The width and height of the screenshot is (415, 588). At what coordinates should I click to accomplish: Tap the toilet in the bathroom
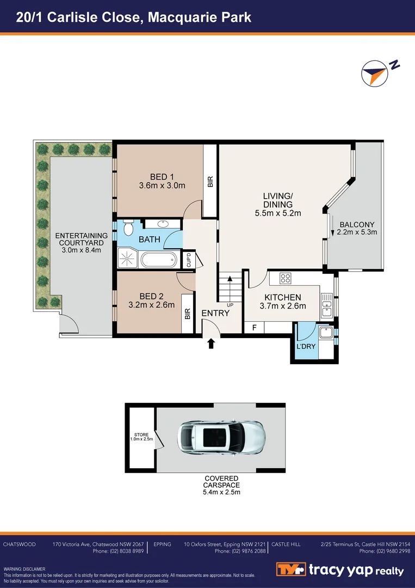pos(128,228)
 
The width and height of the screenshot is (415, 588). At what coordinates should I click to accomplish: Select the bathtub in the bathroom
pos(159,260)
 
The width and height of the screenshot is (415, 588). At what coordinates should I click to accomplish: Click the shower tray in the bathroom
pos(128,258)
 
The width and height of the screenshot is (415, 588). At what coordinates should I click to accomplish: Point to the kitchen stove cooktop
pos(286,278)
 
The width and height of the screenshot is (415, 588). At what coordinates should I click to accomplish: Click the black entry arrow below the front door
pos(211,343)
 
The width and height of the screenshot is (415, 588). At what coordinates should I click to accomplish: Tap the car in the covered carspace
pos(221,437)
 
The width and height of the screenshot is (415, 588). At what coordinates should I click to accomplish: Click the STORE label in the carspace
pos(141,435)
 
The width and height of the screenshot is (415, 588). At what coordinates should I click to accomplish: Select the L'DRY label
pos(306,346)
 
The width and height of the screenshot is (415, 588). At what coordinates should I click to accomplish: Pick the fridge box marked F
pos(255,328)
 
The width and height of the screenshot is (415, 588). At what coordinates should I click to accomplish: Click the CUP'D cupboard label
pos(189,260)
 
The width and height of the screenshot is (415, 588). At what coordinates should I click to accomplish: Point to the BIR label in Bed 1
pos(210,181)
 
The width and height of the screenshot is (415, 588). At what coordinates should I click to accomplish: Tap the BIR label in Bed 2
pos(188,314)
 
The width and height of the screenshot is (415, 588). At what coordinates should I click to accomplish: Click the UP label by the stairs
pos(230,305)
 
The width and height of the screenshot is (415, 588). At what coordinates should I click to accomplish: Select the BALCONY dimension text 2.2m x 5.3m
pos(357,232)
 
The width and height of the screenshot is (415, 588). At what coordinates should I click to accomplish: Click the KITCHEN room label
pos(283,297)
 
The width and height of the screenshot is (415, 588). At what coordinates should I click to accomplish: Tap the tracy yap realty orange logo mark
pos(290,569)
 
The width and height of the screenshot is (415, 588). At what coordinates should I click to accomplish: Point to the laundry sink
pos(325,332)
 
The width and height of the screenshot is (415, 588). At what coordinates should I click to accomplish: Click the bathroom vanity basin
pos(163,224)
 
